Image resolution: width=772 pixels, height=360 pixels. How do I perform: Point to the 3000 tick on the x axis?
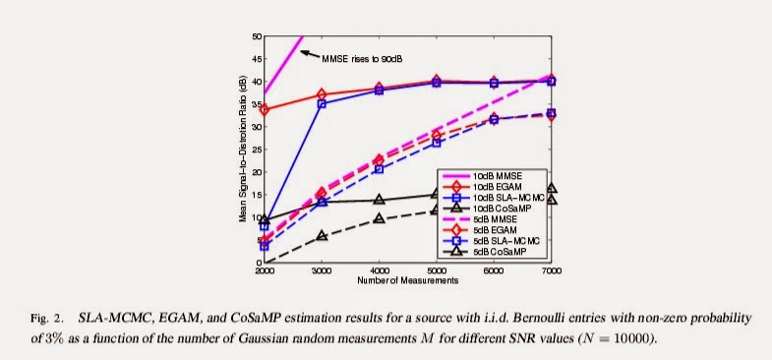tap(322, 270)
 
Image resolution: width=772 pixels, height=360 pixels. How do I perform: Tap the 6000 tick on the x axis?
tap(494, 270)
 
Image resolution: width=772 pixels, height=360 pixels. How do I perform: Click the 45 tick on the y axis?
tap(257, 59)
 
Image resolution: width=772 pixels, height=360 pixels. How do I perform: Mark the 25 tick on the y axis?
tap(257, 150)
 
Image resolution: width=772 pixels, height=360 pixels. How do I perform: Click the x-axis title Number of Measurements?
tap(408, 280)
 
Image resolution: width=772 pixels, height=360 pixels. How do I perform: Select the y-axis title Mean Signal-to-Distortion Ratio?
tap(243, 149)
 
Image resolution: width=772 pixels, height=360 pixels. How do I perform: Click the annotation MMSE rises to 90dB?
tap(364, 59)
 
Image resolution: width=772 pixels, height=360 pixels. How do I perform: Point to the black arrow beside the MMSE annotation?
tap(310, 54)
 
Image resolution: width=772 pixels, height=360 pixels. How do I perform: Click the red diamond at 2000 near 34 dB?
tap(265, 110)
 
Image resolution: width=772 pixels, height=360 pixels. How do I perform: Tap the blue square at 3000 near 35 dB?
tap(322, 104)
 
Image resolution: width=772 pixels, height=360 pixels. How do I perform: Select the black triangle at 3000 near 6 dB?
tap(322, 235)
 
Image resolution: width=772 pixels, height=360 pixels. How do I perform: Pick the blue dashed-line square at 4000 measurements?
tap(379, 169)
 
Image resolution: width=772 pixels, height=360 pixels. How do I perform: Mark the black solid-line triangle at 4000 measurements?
tap(379, 200)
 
